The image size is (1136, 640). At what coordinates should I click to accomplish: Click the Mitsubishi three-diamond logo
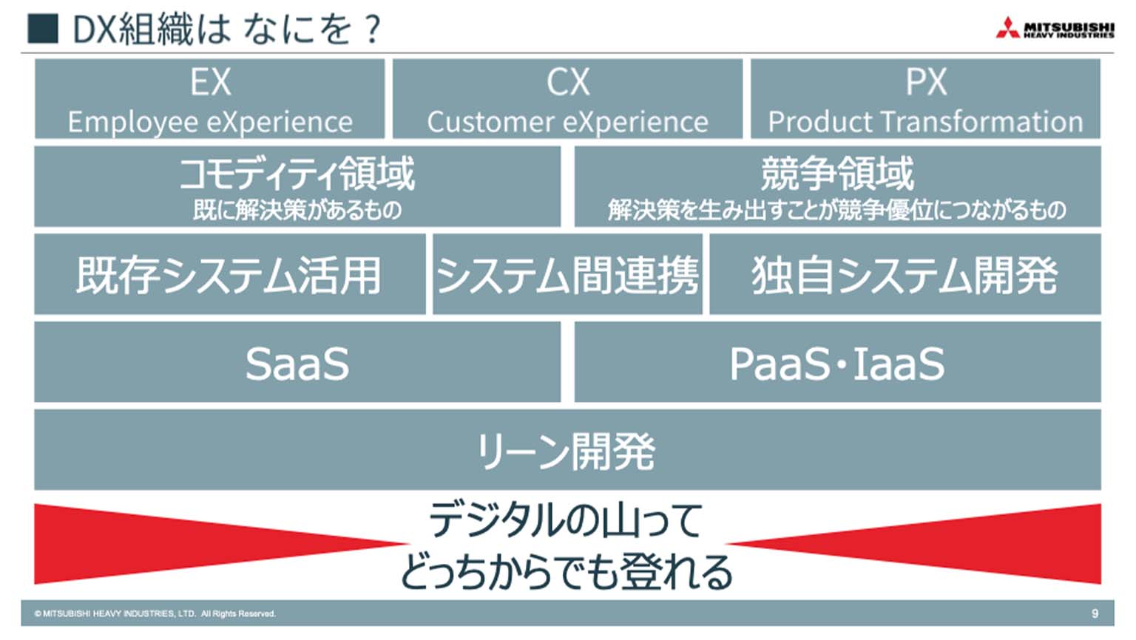tap(1007, 28)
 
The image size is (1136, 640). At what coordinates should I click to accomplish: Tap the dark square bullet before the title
tap(43, 28)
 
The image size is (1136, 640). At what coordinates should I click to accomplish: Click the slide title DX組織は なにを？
tap(227, 30)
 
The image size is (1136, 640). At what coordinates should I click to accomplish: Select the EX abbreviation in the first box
tap(211, 82)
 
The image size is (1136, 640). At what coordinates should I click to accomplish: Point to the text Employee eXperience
tap(210, 122)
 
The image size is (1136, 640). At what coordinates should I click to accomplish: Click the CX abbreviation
tap(568, 82)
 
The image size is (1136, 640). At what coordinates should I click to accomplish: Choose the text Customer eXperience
tap(567, 122)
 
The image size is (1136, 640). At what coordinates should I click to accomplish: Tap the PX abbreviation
tap(926, 82)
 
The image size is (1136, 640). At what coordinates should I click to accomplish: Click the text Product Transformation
tap(925, 122)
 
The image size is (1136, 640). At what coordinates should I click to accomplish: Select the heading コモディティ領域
tap(297, 174)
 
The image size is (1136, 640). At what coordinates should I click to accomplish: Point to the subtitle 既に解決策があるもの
tap(297, 210)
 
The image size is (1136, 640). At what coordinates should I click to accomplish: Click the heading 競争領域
tap(838, 174)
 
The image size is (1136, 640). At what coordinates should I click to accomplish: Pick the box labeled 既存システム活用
tap(230, 274)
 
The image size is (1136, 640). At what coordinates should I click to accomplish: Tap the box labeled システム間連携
tap(567, 274)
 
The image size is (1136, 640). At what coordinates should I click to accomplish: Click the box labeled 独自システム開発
tap(905, 274)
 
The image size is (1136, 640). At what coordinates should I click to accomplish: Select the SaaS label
tap(297, 364)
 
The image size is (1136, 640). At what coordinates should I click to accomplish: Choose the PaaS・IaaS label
tap(837, 364)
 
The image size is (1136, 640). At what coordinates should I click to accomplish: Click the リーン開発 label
tap(567, 452)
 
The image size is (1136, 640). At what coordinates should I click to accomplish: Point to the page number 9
tap(1095, 613)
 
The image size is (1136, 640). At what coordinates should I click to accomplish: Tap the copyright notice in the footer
tap(155, 613)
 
